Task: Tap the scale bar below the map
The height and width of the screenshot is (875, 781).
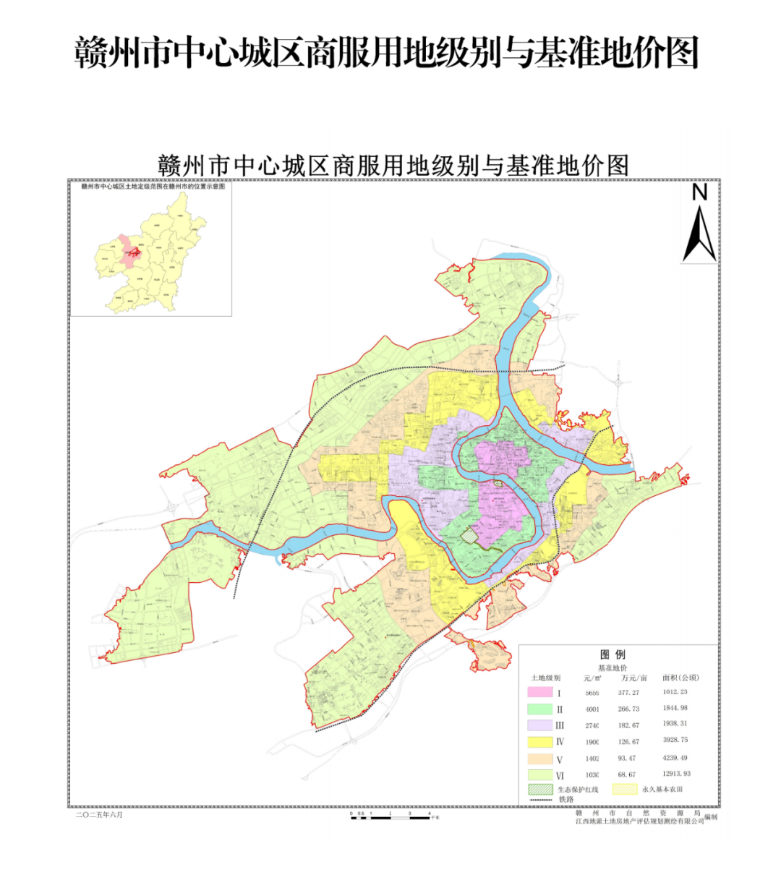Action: point(394,814)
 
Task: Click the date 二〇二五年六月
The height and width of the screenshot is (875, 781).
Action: point(100,814)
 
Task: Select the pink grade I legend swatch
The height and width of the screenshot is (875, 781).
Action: point(539,692)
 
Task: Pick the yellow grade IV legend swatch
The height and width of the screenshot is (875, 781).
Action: point(539,742)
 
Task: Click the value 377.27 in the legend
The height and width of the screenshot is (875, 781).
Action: point(628,692)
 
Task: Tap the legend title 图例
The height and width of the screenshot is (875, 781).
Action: point(613,654)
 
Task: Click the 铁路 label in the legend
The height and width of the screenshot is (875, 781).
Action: point(566,799)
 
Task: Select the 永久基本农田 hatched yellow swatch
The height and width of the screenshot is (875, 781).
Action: point(625,789)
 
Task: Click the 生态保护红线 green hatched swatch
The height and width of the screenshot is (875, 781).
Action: point(539,789)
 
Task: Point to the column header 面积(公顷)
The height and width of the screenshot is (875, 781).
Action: point(680,678)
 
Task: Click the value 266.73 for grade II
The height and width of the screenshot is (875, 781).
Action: point(628,709)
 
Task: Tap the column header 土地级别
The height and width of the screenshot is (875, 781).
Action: point(545,678)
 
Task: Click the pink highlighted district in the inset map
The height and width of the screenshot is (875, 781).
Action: point(129,252)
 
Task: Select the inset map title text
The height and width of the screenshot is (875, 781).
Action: point(153,187)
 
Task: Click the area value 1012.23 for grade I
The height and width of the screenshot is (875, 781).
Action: point(675,692)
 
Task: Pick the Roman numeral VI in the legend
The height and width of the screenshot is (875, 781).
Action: point(560,774)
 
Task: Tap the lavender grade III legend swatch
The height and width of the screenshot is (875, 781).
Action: point(539,725)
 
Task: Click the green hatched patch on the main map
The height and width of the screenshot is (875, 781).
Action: point(471,536)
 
